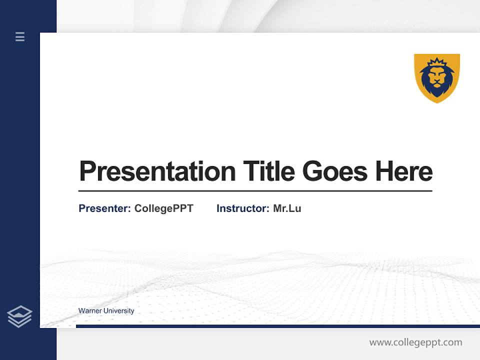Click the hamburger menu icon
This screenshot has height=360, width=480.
pyautogui.click(x=20, y=36)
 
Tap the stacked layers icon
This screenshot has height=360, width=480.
pyautogui.click(x=19, y=316)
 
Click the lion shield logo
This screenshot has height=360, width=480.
pyautogui.click(x=437, y=78)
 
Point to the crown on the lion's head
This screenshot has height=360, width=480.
pyautogui.click(x=437, y=62)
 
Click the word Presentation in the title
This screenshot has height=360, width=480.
pyautogui.click(x=157, y=171)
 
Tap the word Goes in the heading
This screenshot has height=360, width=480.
pyautogui.click(x=334, y=171)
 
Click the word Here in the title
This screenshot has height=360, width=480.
pyautogui.click(x=404, y=171)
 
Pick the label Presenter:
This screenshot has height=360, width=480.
pyautogui.click(x=104, y=208)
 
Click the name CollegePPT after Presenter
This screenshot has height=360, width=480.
pyautogui.click(x=164, y=208)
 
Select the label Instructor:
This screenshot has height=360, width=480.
pyautogui.click(x=243, y=208)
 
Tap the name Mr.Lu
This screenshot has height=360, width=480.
pyautogui.click(x=287, y=208)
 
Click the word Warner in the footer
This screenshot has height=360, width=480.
pyautogui.click(x=90, y=310)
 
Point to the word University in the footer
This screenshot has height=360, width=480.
pyautogui.click(x=119, y=311)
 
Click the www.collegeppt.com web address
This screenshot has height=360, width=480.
pyautogui.click(x=415, y=342)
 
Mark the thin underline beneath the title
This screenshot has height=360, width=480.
pyautogui.click(x=255, y=190)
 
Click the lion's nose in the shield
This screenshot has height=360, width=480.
pyautogui.click(x=437, y=81)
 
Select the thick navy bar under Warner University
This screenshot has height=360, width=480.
pyautogui.click(x=278, y=326)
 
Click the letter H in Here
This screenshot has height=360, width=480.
pyautogui.click(x=384, y=171)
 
